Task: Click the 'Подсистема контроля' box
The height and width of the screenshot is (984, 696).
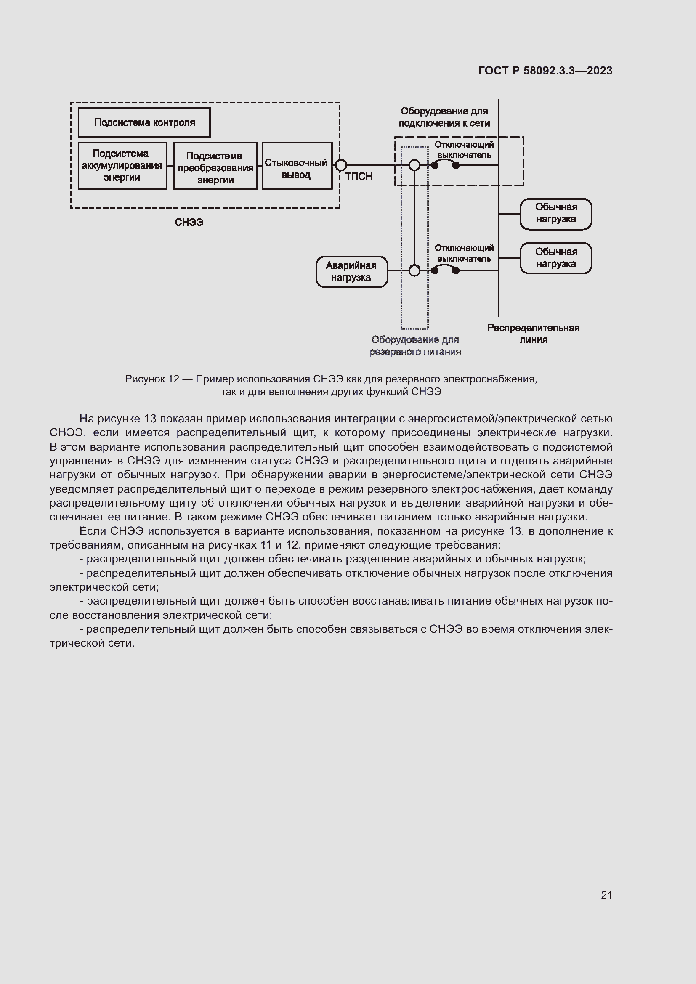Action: pos(144,122)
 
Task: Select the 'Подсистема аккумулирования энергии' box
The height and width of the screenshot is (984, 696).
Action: pos(122,165)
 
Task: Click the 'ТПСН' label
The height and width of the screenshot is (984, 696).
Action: pos(358,177)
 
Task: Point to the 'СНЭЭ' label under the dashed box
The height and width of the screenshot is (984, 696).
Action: pos(189,223)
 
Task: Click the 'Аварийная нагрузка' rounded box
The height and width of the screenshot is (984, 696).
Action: pos(351,272)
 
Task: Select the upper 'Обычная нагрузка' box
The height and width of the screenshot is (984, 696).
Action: pos(555,213)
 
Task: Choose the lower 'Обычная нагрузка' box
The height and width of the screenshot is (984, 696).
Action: pos(555,258)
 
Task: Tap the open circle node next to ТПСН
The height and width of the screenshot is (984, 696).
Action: pos(340,165)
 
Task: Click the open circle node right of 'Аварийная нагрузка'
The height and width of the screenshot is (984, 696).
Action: pos(414,271)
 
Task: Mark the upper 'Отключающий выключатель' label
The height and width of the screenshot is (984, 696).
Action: pos(464,150)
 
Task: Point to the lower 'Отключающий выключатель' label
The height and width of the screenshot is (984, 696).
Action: pos(464,253)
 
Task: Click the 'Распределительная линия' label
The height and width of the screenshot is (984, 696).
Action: pos(533,334)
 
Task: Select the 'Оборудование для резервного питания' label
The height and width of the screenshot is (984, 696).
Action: pos(415,346)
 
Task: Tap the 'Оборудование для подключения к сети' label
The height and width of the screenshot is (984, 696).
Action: pos(444,117)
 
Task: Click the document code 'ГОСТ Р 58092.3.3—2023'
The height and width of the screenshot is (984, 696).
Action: pos(545,71)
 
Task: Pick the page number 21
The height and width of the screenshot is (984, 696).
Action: pos(606,895)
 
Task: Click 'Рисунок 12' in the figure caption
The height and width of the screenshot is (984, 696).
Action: pos(152,379)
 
